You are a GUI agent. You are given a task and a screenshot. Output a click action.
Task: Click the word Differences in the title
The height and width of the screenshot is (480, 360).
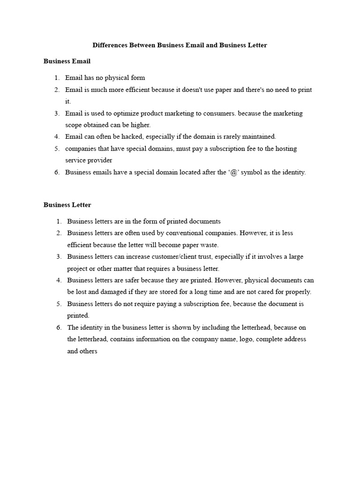[110, 45]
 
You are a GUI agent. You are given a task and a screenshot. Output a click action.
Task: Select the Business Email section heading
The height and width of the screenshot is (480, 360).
[67, 61]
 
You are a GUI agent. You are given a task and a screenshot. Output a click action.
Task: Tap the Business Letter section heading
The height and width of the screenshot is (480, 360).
[67, 205]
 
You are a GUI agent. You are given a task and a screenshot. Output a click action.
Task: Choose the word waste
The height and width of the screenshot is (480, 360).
[210, 245]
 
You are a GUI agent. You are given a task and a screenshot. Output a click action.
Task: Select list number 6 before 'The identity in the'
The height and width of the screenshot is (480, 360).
[59, 327]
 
